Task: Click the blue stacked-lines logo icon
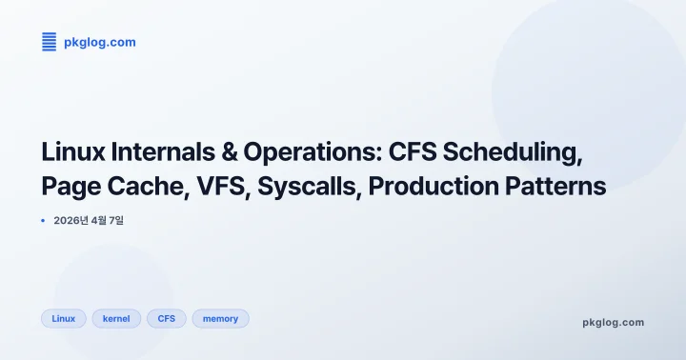coord(50,41)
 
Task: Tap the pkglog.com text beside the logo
coord(99,42)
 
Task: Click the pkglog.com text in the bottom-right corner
coord(613,322)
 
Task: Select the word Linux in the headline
coord(74,152)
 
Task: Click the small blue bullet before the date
coord(44,220)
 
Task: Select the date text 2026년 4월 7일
coord(89,220)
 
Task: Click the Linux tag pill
coord(64,319)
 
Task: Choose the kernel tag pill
coord(116,319)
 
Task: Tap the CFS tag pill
coord(167,319)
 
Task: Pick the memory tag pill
coord(220,319)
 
